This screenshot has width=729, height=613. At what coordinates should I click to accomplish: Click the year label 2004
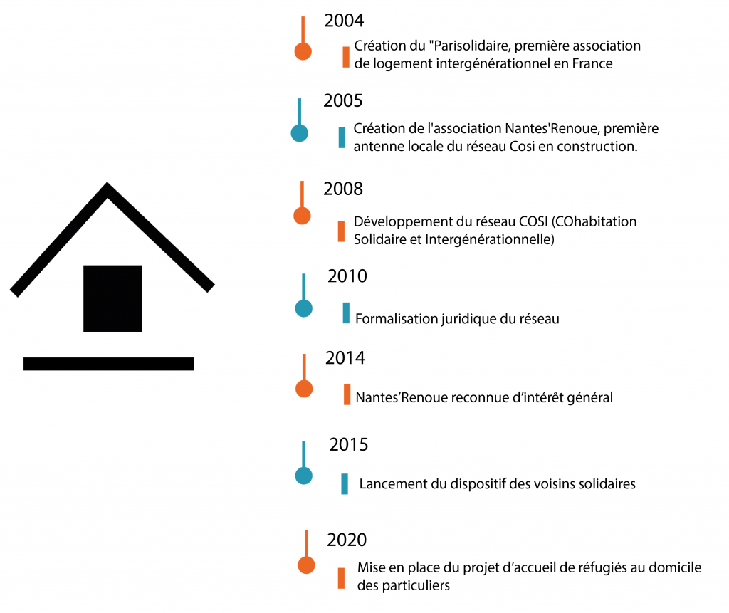[x=344, y=21]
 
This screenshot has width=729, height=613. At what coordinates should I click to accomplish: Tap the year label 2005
[x=342, y=101]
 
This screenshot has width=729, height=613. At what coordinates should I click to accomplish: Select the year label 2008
[x=342, y=189]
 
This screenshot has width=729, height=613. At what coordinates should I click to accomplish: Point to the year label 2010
[x=347, y=276]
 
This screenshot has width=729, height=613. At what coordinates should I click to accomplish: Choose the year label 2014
[x=345, y=358]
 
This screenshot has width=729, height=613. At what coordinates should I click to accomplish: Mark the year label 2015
[x=348, y=445]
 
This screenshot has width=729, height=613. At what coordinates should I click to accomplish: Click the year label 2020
[x=347, y=540]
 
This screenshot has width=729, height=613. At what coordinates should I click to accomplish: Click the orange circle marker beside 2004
[x=303, y=51]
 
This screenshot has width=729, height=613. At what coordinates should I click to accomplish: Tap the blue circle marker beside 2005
[x=300, y=133]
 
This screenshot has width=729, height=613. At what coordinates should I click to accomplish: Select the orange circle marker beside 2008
[x=302, y=216]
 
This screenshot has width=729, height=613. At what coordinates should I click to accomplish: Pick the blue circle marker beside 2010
[x=303, y=308]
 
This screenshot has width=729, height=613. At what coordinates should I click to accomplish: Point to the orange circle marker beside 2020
[x=306, y=565]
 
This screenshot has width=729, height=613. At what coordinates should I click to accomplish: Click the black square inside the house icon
[x=112, y=298]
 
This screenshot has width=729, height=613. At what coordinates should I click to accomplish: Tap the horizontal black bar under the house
[x=109, y=364]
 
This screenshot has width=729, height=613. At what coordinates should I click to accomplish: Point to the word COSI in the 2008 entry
[x=534, y=221]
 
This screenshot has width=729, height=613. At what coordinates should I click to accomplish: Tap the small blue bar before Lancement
[x=345, y=483]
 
